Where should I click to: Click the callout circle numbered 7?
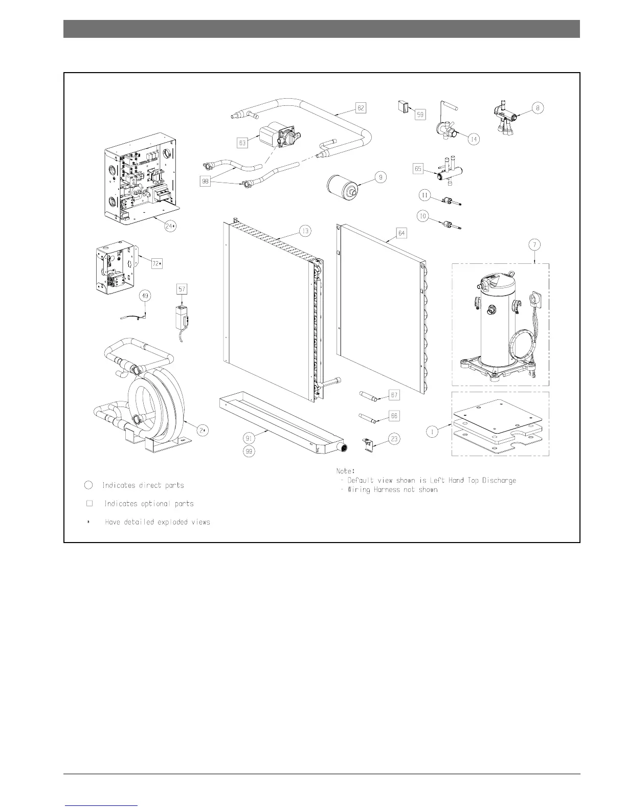[534, 245]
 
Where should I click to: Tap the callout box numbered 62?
[361, 108]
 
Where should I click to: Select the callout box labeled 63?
[242, 143]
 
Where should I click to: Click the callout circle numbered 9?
[380, 177]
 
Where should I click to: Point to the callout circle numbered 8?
[537, 108]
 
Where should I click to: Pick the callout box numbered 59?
[420, 115]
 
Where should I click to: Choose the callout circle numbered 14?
[474, 139]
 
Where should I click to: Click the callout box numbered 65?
[418, 168]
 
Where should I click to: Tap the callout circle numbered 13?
[305, 232]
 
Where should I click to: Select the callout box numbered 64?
[401, 233]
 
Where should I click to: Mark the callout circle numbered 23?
[394, 438]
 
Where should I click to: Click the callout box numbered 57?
[182, 289]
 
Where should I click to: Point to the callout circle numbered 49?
[146, 296]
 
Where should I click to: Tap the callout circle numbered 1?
[433, 432]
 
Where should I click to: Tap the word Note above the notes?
[346, 470]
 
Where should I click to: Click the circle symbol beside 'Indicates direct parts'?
[88, 485]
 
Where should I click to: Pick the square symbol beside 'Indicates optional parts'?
[90, 503]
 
